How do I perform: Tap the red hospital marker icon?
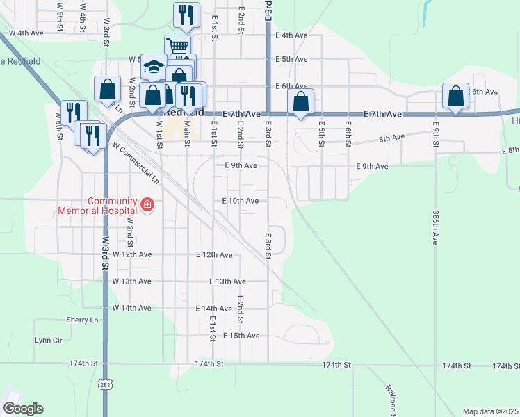tap(147, 204)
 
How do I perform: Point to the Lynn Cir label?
tap(49, 341)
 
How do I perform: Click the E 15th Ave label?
tap(242, 336)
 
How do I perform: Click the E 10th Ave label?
tap(240, 201)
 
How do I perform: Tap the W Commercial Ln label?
tap(136, 165)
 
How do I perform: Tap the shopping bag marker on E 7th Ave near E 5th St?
tap(300, 101)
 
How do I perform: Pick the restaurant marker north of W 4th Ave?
tap(186, 15)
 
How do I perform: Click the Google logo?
tap(23, 408)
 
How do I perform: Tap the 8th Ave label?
tap(392, 138)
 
